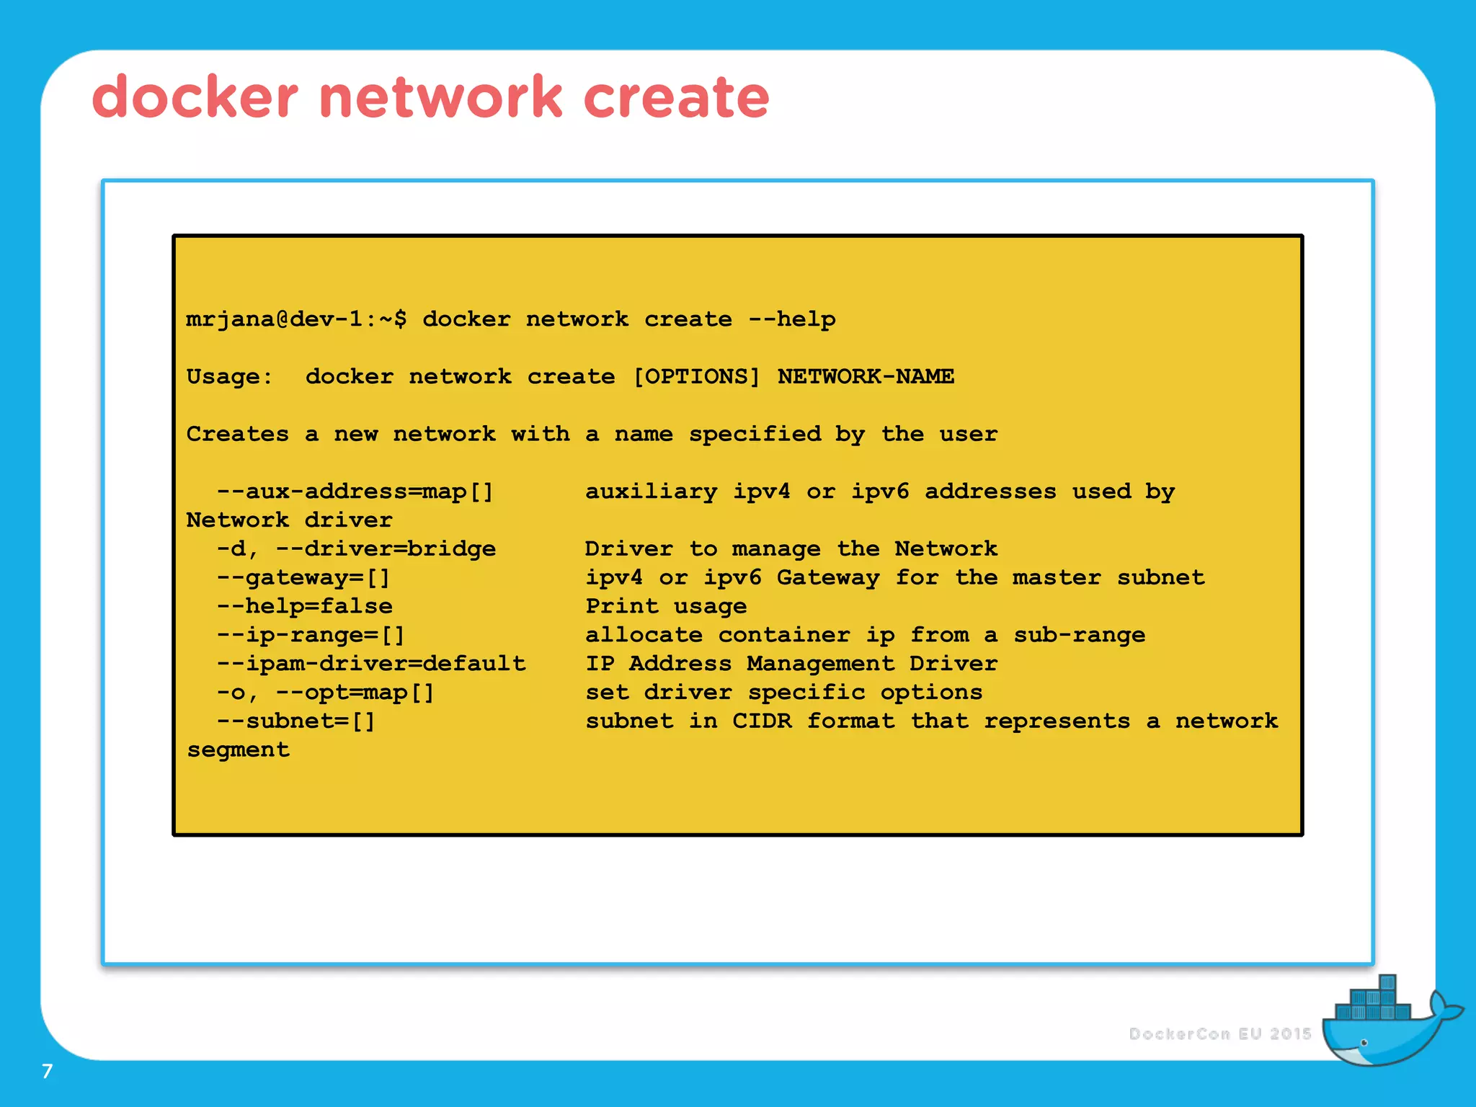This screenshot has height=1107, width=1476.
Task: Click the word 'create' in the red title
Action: tap(676, 97)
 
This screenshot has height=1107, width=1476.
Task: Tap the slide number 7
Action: tap(48, 1071)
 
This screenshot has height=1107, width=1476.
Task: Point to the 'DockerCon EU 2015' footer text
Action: tap(1220, 1034)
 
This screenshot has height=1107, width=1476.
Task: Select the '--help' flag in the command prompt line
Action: tap(791, 319)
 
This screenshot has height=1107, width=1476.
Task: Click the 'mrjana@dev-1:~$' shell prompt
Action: tap(296, 319)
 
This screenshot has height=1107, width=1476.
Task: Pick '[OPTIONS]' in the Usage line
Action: tap(696, 377)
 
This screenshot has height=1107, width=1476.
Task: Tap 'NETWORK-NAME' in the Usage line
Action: tap(866, 377)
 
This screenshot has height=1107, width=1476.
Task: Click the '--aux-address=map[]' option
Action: tap(355, 492)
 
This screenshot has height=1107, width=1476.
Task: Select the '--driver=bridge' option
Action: tap(386, 549)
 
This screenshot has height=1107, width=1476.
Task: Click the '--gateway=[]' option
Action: tap(303, 578)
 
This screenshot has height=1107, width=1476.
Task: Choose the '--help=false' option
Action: tap(305, 607)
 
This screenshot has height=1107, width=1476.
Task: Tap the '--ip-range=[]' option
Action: tap(311, 636)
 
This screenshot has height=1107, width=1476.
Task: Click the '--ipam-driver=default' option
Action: tap(371, 664)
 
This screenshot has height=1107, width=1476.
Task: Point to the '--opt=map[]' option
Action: tap(355, 693)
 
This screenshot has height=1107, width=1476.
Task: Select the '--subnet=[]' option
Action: tap(296, 721)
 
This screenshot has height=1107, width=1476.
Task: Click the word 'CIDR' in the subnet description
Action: tap(762, 721)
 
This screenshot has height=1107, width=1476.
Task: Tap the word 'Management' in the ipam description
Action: tap(820, 664)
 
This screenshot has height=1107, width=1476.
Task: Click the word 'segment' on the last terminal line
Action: tap(238, 750)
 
